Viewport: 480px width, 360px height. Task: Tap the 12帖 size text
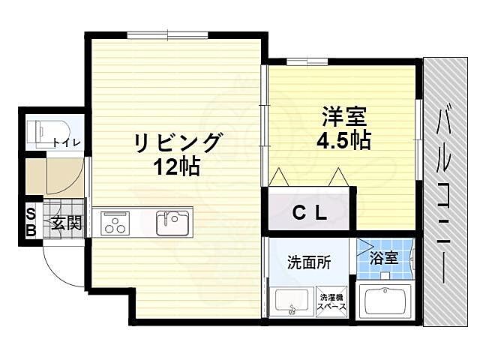pos(178,166)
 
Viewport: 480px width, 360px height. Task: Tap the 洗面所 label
pos(307,262)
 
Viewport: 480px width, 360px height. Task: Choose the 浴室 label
pos(387,259)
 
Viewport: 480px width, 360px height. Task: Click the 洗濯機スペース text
pos(331,302)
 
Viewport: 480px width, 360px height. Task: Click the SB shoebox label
pos(31,222)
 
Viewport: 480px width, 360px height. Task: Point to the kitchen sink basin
pos(173,222)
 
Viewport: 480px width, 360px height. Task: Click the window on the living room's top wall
pos(157,34)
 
